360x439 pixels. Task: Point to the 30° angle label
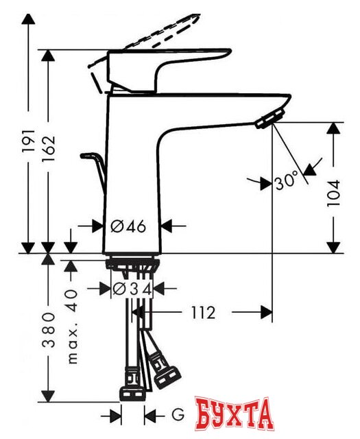286,182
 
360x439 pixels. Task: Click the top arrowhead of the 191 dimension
29,20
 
